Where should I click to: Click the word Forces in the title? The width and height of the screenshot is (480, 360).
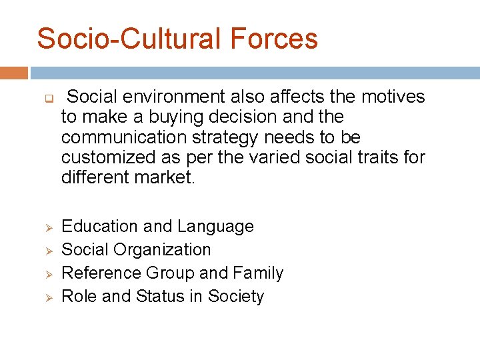tap(274, 38)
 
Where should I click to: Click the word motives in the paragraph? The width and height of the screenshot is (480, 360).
tap(393, 97)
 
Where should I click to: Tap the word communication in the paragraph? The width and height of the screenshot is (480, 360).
tap(119, 137)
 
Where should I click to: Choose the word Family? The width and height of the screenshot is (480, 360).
tap(259, 273)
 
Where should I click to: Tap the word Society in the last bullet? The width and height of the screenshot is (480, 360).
tap(236, 297)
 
